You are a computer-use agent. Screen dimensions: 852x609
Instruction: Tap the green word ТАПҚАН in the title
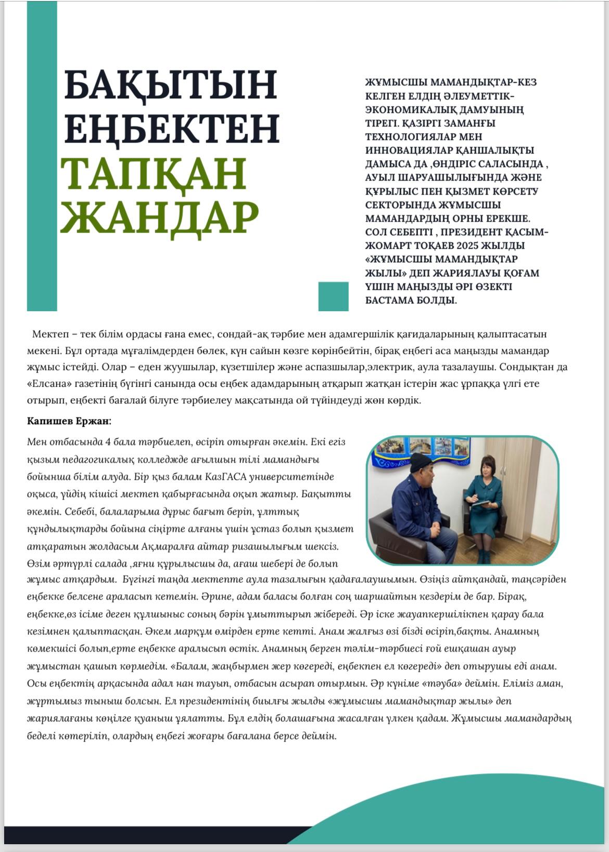coord(154,173)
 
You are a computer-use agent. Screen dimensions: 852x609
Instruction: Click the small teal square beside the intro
coord(333,296)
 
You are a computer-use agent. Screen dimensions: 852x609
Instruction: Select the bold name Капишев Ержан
coord(69,421)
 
